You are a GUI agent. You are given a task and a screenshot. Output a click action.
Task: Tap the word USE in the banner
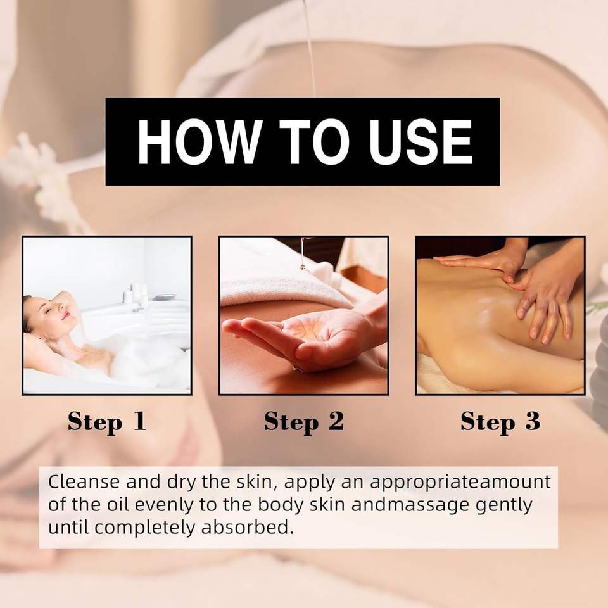coord(421,141)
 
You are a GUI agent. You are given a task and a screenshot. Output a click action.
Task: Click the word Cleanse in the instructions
coord(84,481)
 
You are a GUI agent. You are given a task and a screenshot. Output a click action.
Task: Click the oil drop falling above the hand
coord(301,265)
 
